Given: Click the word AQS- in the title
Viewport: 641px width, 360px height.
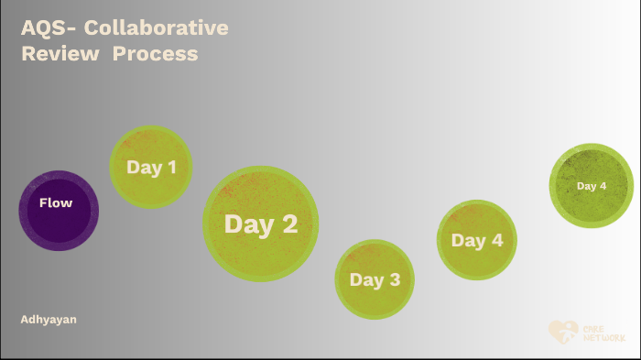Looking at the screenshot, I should (46, 27).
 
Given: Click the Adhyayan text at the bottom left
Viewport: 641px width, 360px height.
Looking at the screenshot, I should (49, 319).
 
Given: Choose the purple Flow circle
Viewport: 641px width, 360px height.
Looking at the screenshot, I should (59, 210).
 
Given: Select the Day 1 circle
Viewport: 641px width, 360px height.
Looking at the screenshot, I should (151, 167).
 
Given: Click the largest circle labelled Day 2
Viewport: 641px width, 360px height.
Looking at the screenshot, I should (261, 224).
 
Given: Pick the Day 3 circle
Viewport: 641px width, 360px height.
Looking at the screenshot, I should (375, 279).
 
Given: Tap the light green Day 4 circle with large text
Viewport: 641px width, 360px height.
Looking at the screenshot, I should (476, 240).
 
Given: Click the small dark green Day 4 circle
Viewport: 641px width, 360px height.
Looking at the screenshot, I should (592, 186).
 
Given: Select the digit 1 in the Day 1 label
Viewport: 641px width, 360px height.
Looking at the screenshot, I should (170, 168).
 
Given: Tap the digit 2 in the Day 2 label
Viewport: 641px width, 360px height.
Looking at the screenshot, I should (288, 224).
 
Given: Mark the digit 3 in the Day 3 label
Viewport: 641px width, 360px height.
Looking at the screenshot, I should (394, 280).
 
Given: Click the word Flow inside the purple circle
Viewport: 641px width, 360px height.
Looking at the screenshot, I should (56, 202).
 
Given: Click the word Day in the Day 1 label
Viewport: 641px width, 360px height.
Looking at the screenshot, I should (144, 168).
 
